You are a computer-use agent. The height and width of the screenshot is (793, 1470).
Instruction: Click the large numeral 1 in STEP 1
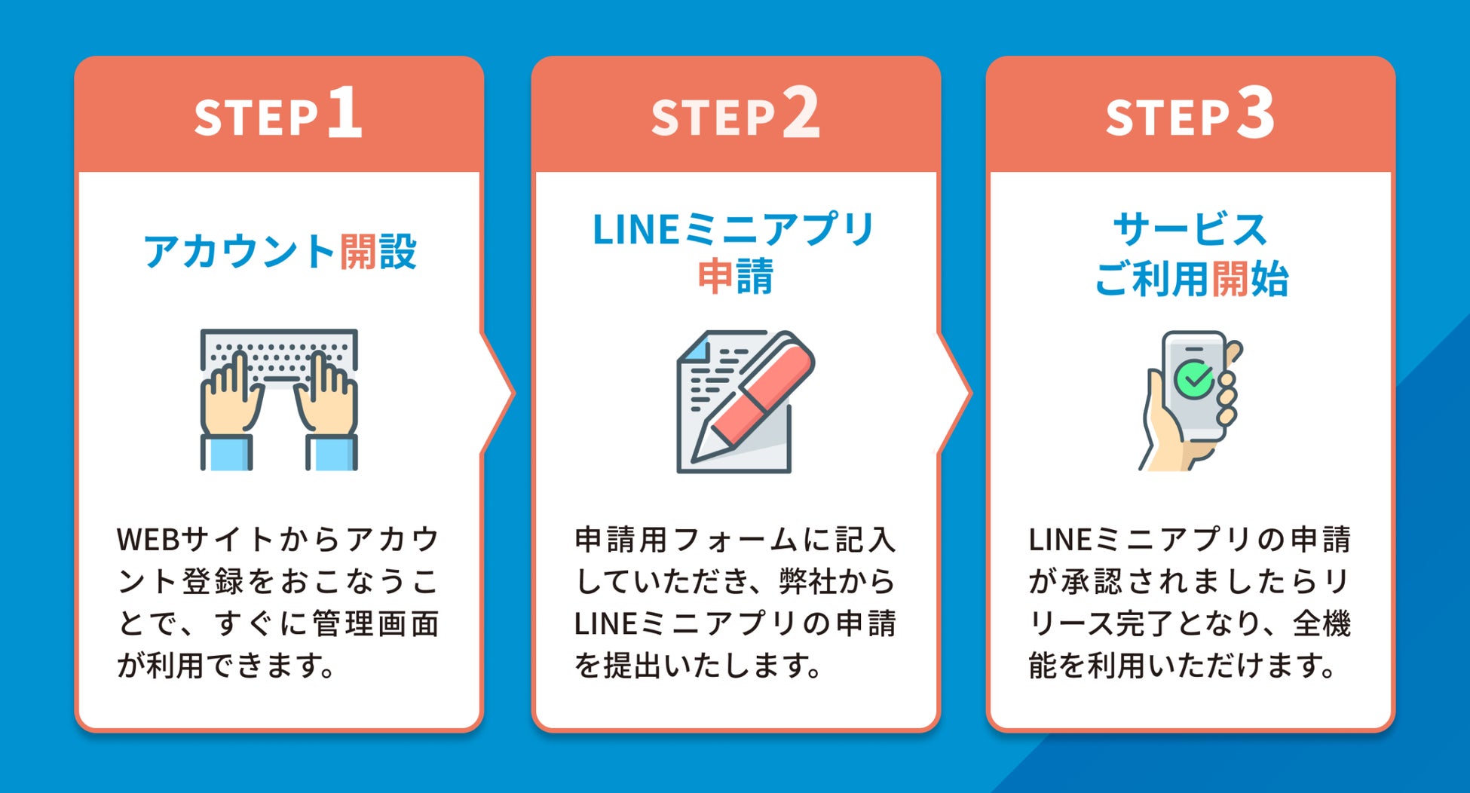pyautogui.click(x=345, y=112)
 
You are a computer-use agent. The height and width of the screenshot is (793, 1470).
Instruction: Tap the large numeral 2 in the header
pyautogui.click(x=801, y=112)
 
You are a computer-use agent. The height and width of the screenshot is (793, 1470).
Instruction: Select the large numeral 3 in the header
pyautogui.click(x=1255, y=112)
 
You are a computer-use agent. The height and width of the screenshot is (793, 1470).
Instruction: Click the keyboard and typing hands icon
pyautogui.click(x=279, y=399)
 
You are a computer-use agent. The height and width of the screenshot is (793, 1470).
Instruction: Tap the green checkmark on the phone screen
pyautogui.click(x=1195, y=379)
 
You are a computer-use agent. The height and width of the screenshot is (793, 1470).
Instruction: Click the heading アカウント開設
pyautogui.click(x=280, y=251)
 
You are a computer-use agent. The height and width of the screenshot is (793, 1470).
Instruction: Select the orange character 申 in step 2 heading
pyautogui.click(x=715, y=276)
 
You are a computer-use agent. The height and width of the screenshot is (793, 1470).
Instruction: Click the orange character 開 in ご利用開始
pyautogui.click(x=1230, y=279)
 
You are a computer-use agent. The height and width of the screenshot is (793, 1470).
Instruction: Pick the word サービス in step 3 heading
pyautogui.click(x=1190, y=229)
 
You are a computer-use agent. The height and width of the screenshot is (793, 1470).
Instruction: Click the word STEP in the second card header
pyautogui.click(x=713, y=118)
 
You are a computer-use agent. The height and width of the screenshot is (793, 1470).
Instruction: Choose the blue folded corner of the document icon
pyautogui.click(x=695, y=348)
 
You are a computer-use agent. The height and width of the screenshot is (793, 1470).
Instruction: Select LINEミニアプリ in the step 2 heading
pyautogui.click(x=733, y=229)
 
